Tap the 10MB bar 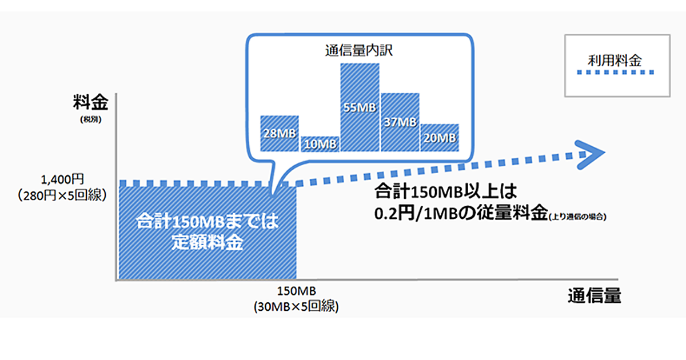320,143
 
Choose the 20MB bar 440,137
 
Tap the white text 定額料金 207,242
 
